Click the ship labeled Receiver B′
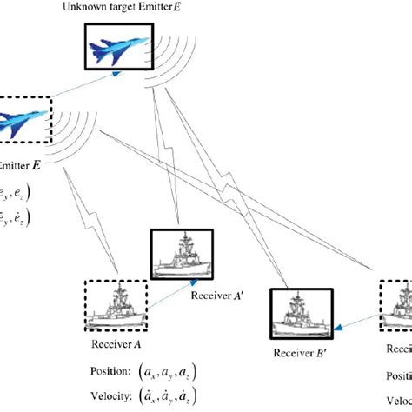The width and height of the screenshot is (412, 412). (302, 316)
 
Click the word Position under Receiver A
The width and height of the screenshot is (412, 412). (107, 371)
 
